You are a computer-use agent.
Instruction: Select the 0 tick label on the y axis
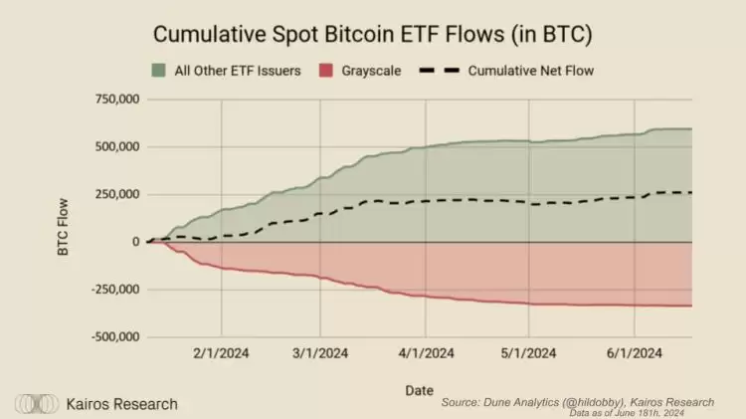point(134,242)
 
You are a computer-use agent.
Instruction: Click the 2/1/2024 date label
point(220,353)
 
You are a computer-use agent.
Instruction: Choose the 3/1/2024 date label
point(320,353)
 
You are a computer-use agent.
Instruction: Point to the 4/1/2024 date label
point(426,353)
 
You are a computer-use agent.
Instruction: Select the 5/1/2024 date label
point(529,353)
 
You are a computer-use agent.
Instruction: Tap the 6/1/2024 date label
point(635,353)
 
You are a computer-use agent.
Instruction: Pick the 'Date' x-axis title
point(419,390)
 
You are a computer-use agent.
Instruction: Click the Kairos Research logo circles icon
point(36,404)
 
